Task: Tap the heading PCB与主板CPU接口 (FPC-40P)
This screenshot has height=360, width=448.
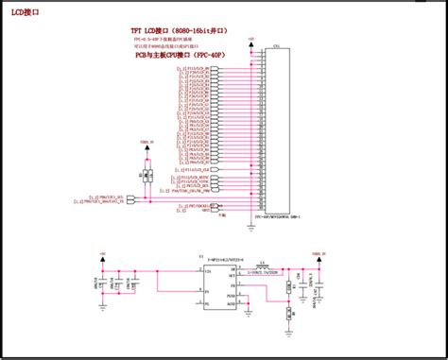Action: click(179, 56)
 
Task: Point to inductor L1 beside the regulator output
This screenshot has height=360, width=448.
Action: click(263, 268)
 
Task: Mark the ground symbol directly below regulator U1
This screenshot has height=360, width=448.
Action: click(215, 326)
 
